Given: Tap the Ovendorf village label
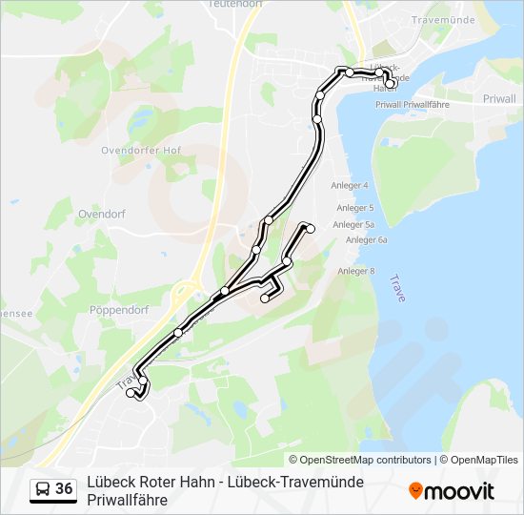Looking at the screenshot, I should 102,215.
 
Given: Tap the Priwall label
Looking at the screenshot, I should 499,98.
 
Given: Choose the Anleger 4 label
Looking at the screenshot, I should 350,185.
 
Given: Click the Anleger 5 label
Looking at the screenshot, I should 355,207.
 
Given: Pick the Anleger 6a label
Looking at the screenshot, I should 367,240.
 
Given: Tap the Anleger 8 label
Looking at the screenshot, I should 356,271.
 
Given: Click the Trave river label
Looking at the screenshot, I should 397,288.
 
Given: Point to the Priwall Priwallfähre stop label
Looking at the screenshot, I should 412,104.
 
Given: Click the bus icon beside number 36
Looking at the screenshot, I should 42,489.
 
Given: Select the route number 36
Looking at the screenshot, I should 64,489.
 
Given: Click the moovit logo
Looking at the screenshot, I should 452,491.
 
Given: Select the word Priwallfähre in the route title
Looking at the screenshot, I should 127,499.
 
